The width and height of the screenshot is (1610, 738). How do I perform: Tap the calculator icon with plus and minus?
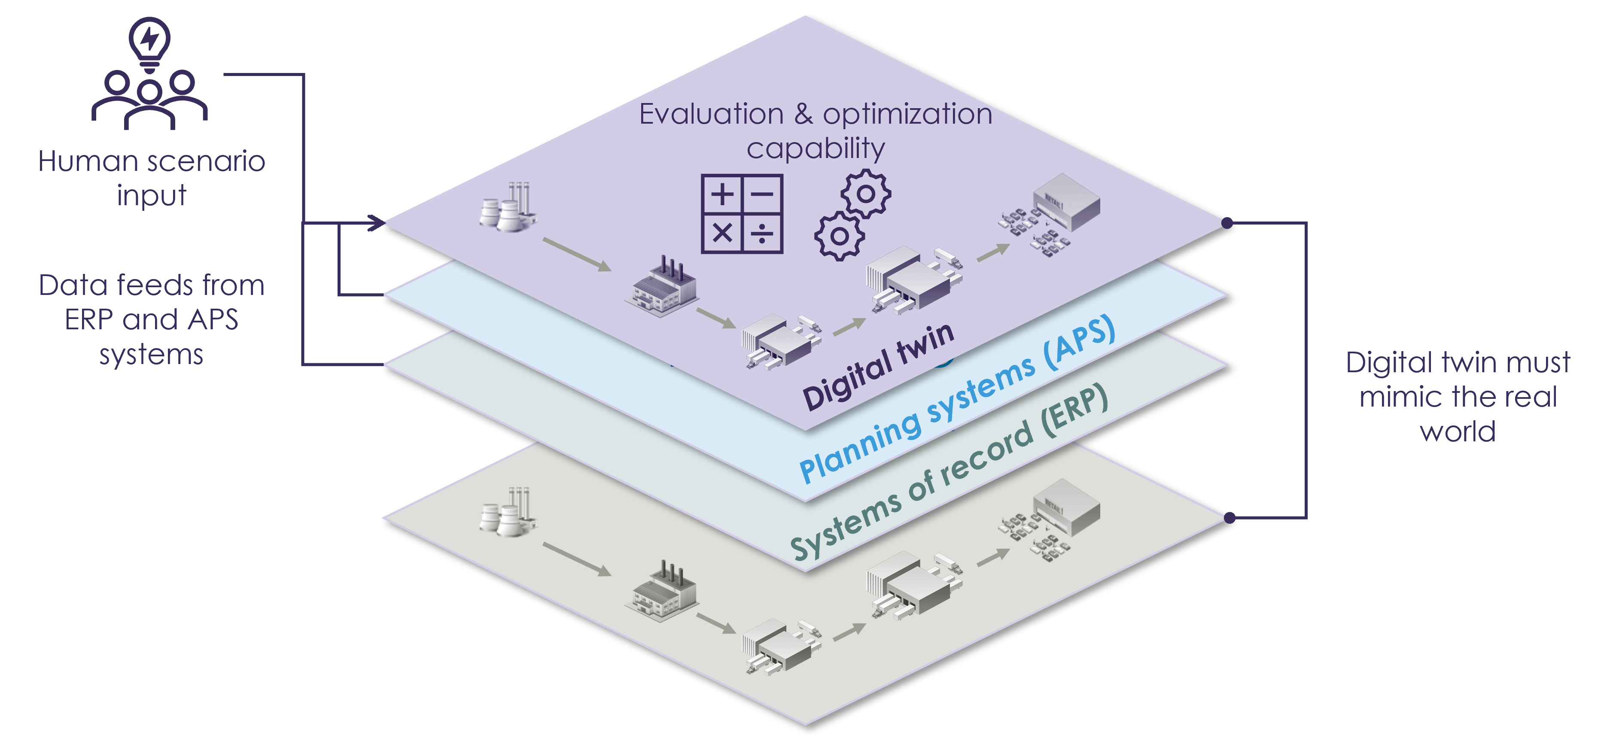click(x=742, y=214)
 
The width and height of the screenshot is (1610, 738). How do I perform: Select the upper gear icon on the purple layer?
click(x=866, y=194)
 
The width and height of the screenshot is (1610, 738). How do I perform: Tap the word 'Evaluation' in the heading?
click(x=711, y=114)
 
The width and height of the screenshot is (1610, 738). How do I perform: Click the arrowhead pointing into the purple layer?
click(x=376, y=222)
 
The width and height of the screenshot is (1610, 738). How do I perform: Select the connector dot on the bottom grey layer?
click(x=1230, y=517)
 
